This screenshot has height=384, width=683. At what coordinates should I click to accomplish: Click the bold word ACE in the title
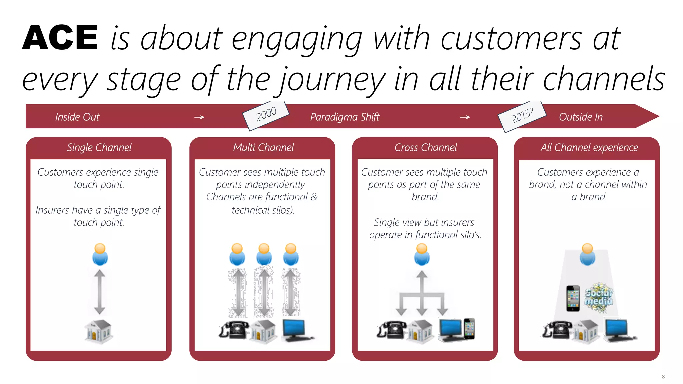60,38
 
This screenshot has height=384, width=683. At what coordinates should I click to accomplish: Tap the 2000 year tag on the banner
266,114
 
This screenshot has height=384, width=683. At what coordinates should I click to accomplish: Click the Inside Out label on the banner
77,117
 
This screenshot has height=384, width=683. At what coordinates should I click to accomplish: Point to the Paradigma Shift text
345,117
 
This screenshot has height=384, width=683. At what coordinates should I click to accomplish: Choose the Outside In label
581,117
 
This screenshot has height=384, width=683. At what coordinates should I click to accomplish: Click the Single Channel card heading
99,147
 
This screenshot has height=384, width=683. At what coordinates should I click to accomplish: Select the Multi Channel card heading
263,147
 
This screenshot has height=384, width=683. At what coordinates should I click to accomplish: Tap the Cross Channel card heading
426,147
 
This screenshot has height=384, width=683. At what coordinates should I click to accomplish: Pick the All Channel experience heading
589,147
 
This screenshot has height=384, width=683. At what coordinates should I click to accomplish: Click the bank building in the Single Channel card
99,331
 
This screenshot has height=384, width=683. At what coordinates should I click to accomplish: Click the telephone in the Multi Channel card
234,330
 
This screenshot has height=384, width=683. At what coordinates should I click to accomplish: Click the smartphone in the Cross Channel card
469,329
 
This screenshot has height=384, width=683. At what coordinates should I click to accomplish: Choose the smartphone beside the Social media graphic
573,298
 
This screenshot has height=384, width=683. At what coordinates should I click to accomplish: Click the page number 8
663,377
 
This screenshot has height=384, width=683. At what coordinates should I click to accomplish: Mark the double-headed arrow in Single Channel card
100,292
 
